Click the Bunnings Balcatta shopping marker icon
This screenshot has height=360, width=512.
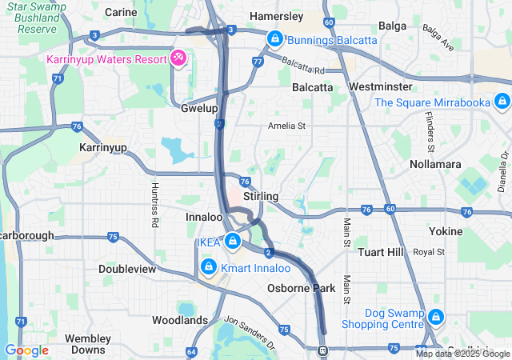(274, 38)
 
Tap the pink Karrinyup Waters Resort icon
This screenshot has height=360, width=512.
(178, 58)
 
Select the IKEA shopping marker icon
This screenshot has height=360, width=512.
(233, 240)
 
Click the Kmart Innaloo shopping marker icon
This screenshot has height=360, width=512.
(207, 265)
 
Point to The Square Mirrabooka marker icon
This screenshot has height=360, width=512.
(502, 102)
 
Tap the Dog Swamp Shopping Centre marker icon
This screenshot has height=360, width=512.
(436, 317)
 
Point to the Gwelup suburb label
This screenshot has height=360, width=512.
(198, 107)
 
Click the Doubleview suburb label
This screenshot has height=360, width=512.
(127, 269)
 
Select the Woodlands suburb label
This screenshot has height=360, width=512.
(180, 320)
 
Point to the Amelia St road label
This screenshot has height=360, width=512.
(287, 126)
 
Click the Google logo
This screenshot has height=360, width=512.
(26, 350)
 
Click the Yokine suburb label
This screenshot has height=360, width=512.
(446, 231)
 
